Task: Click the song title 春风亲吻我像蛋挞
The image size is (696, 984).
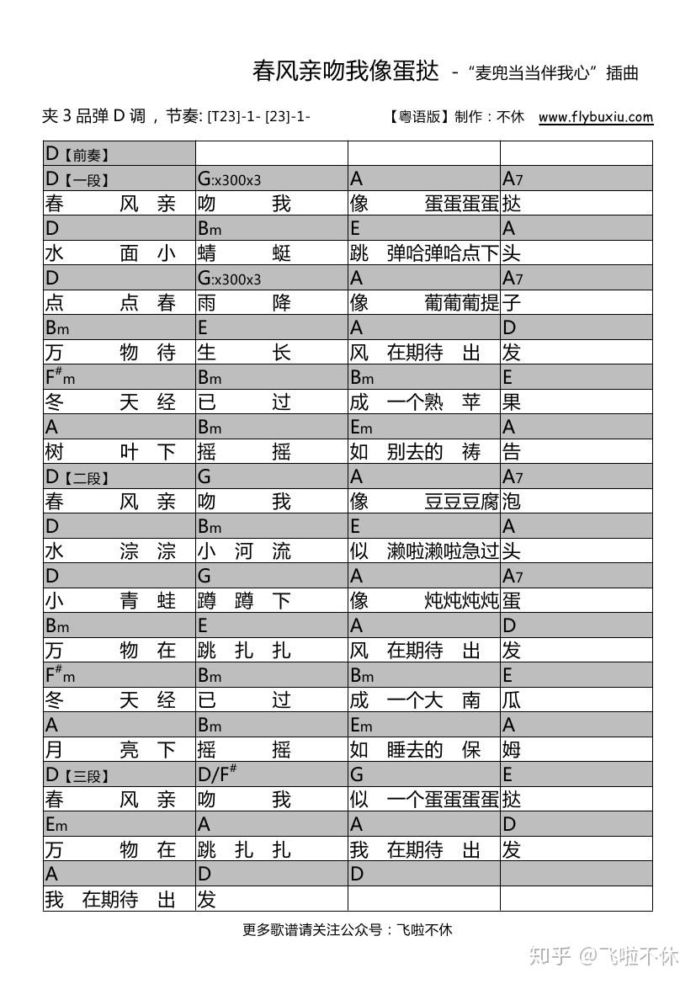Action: (346, 72)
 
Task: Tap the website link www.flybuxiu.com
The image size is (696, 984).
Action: (595, 117)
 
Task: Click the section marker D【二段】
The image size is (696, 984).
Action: (77, 477)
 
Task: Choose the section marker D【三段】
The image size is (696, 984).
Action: (77, 774)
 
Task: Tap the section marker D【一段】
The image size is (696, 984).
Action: (77, 178)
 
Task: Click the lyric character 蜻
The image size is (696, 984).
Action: (207, 253)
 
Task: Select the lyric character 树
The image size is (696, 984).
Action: (55, 452)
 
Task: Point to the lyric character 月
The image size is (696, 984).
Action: (55, 749)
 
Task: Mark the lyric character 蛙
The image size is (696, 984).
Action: (167, 601)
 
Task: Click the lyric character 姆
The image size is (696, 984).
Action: (512, 749)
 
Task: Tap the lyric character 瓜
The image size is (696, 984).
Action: (512, 699)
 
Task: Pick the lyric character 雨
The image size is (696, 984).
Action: (207, 303)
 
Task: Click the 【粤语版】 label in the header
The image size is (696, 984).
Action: (418, 117)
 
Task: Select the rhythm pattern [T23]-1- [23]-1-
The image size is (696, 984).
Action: (259, 117)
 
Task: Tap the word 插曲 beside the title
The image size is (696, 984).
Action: (622, 73)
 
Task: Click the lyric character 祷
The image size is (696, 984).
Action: (471, 452)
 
